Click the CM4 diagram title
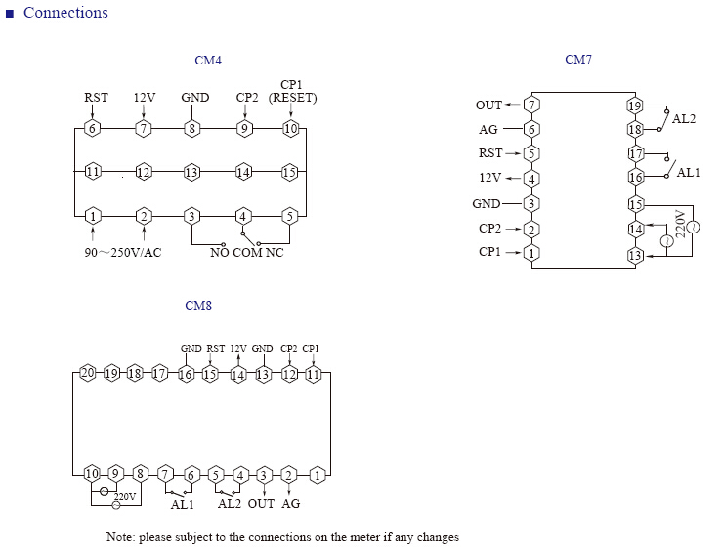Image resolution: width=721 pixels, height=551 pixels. click(x=208, y=61)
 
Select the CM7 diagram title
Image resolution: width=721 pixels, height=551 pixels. click(x=578, y=60)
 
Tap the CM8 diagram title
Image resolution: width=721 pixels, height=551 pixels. click(x=198, y=306)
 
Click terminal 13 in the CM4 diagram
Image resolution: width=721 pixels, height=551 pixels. click(x=191, y=173)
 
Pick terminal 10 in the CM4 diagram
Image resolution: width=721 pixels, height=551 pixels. click(x=290, y=128)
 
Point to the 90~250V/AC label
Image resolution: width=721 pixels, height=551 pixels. click(x=123, y=252)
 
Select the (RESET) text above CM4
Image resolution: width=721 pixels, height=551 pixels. click(x=292, y=98)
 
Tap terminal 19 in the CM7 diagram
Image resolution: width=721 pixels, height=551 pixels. click(x=635, y=106)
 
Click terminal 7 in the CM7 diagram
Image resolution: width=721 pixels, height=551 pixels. click(x=532, y=105)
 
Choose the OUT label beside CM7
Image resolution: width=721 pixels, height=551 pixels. click(x=488, y=106)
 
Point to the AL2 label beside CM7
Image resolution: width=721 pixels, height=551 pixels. click(x=684, y=119)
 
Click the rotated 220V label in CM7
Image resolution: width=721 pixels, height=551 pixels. click(x=681, y=224)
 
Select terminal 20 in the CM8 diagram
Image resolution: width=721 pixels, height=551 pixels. click(x=88, y=372)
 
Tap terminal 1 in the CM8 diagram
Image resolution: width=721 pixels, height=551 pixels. click(x=318, y=475)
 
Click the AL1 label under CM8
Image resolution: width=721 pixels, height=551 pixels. click(x=183, y=504)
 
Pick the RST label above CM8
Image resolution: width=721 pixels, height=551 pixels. click(x=216, y=349)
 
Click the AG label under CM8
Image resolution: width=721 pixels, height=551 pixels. click(x=290, y=504)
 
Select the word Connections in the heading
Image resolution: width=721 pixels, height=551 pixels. click(x=65, y=13)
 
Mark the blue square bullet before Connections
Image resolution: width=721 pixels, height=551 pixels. click(x=10, y=14)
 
